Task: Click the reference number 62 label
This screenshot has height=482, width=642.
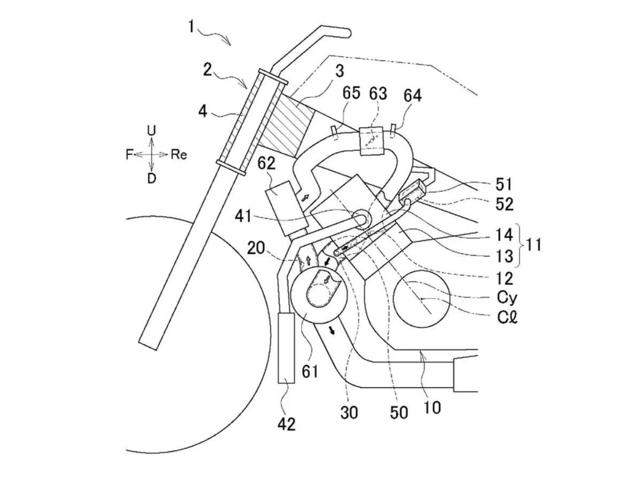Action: (266, 163)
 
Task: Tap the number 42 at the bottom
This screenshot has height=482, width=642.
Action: (287, 424)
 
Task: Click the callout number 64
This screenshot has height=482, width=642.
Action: (412, 96)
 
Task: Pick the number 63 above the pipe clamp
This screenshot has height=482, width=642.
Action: (378, 94)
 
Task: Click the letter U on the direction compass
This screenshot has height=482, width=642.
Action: (151, 131)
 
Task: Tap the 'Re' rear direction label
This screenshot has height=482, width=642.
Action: (179, 154)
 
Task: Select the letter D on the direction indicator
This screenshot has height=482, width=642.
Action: (151, 178)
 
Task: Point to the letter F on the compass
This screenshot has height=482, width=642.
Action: (129, 155)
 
